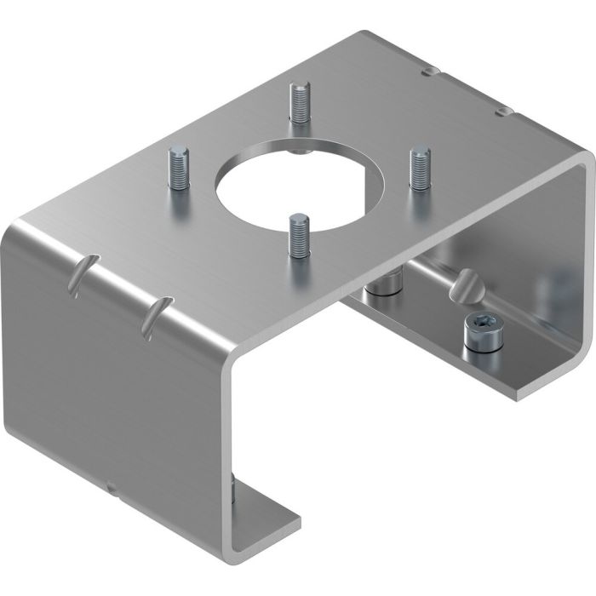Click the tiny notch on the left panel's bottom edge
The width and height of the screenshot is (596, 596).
click(111, 487)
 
